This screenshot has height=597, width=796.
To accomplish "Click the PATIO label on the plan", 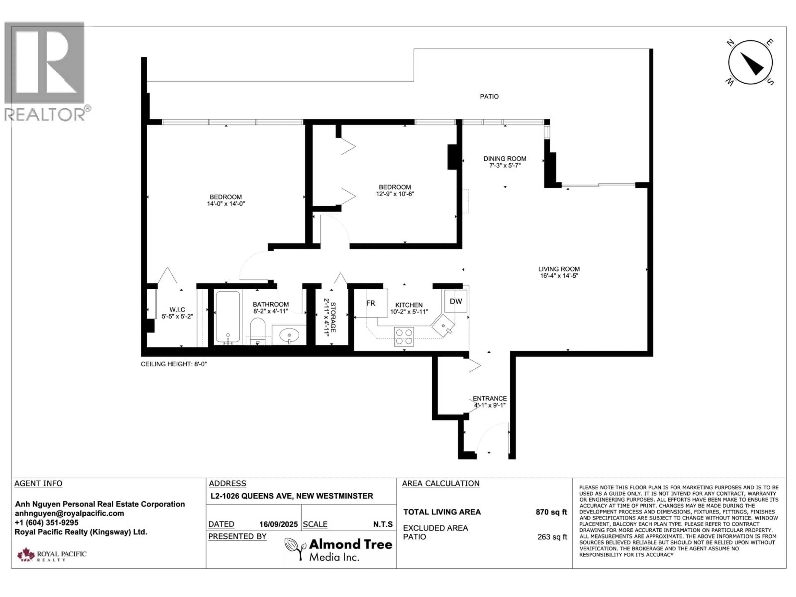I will pyautogui.click(x=489, y=96).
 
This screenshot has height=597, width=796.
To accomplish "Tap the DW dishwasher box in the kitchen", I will pyautogui.click(x=456, y=301).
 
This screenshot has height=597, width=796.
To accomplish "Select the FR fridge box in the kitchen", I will pyautogui.click(x=371, y=303).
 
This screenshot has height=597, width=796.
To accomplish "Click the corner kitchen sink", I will pyautogui.click(x=443, y=326).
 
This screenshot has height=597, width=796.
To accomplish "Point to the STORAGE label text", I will pyautogui.click(x=333, y=317).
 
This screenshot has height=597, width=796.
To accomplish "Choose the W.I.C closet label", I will pyautogui.click(x=177, y=309).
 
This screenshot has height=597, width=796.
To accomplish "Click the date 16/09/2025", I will pyautogui.click(x=279, y=524).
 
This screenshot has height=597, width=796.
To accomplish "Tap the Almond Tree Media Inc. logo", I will pyautogui.click(x=338, y=549).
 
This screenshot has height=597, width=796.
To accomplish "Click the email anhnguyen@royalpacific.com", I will pyautogui.click(x=69, y=513).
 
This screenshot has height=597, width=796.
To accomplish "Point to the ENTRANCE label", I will pyautogui.click(x=489, y=398).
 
